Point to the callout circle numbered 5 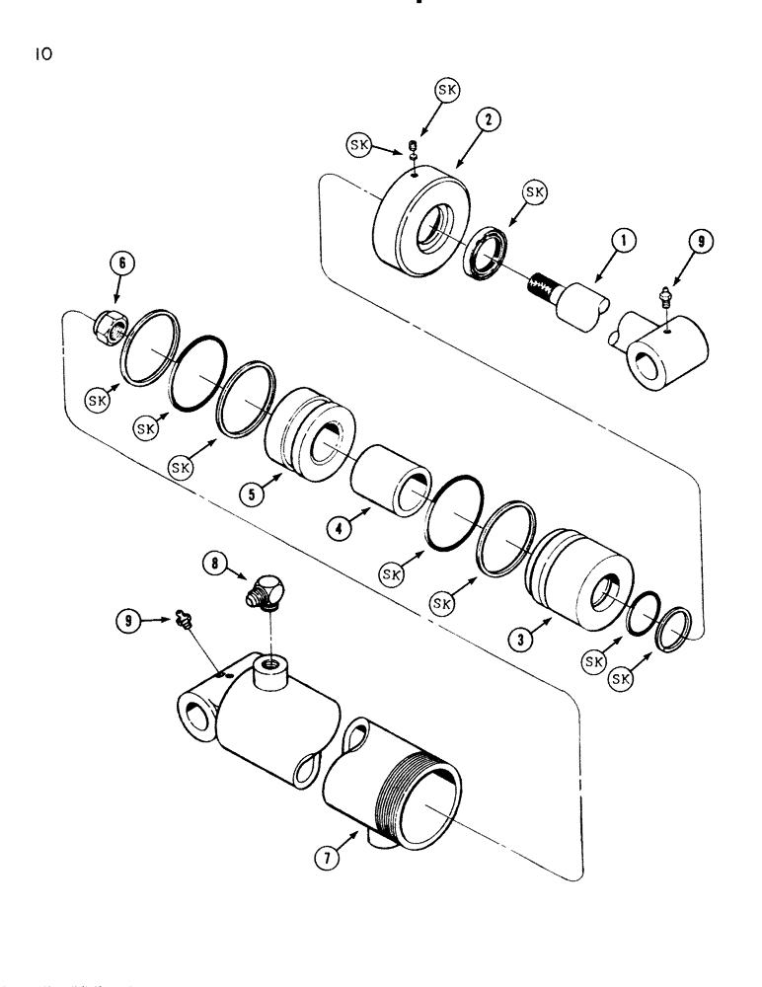coord(256,493)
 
